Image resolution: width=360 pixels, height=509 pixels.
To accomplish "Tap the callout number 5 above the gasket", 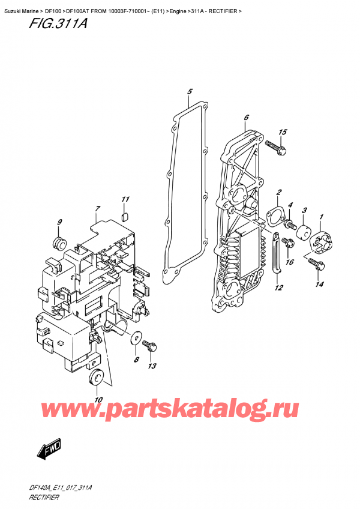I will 189,91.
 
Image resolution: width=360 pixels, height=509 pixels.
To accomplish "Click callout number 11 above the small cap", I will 125,199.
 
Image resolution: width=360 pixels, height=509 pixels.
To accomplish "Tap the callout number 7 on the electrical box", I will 97,209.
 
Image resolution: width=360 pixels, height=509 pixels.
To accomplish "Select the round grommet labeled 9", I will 59,243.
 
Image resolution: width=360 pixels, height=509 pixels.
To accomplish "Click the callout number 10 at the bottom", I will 98,400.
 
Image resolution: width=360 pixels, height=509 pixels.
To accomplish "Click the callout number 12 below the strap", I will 278,288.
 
